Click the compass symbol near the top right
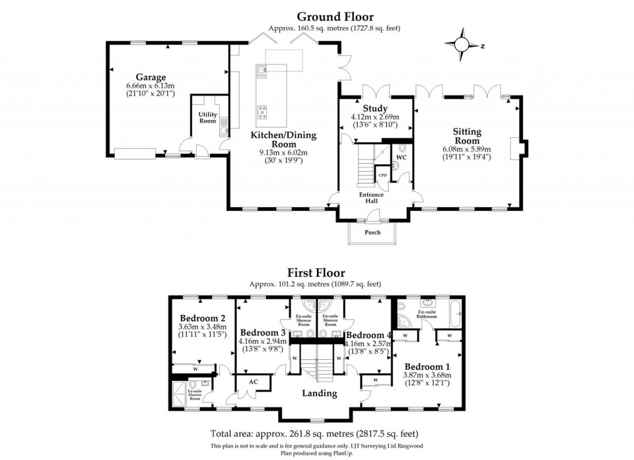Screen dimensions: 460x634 [461, 45]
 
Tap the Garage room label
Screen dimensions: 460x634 [151, 77]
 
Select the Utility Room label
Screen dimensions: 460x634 [207, 117]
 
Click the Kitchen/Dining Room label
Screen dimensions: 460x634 [283, 139]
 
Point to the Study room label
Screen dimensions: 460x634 [375, 109]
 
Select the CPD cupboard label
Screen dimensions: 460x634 [383, 175]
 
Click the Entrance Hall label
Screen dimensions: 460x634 [371, 198]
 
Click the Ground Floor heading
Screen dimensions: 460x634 [335, 17]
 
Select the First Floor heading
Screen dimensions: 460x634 [316, 273]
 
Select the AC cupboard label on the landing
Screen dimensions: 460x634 [253, 382]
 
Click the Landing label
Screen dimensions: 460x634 [319, 393]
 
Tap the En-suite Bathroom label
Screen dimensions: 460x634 [428, 315]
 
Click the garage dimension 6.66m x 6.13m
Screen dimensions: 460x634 [150, 85]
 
